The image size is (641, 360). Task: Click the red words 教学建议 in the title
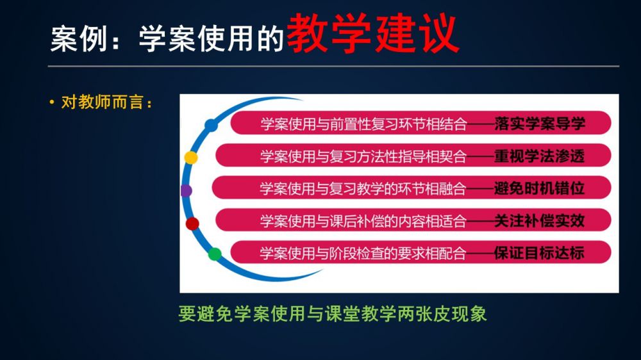point(373,33)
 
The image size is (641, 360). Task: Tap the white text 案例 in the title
point(78,39)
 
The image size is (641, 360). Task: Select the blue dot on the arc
point(211,125)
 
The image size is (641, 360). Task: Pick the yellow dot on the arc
point(191,158)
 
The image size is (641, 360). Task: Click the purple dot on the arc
point(187,190)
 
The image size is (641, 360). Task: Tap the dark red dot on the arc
point(192,224)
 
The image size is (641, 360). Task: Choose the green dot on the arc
point(215,254)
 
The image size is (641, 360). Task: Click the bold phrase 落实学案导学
point(540,124)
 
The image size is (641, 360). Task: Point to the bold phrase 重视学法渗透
point(540,156)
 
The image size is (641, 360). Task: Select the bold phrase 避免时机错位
point(540,188)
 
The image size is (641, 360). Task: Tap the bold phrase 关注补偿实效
point(540,220)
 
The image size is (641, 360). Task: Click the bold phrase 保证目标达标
point(540,253)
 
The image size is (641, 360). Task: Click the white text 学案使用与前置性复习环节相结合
point(363,124)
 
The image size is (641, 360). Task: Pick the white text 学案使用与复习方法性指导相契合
point(363,156)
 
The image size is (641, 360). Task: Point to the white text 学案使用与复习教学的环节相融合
point(363,188)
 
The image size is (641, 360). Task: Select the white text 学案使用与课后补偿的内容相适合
point(363,220)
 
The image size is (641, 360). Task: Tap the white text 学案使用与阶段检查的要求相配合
point(363,253)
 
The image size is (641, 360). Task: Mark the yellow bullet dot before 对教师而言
point(51,102)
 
